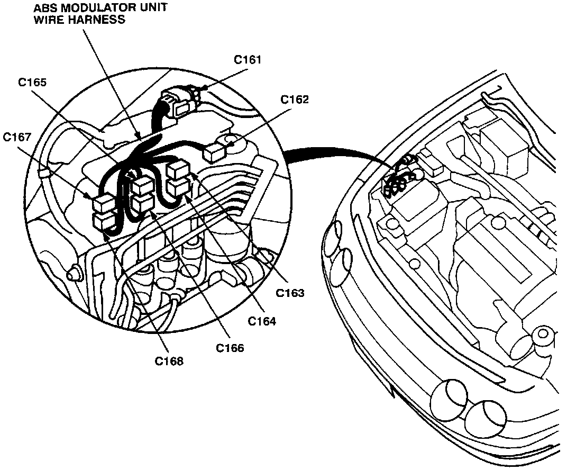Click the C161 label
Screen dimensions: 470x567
pyautogui.click(x=248, y=60)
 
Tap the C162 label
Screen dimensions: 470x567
pyautogui.click(x=295, y=100)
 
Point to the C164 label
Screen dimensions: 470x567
pyautogui.click(x=262, y=321)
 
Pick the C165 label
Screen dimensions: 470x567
pyautogui.click(x=32, y=83)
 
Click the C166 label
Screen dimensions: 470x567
pyautogui.click(x=230, y=348)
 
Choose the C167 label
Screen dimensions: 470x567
pyautogui.click(x=17, y=137)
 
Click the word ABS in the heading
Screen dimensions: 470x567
pyautogui.click(x=44, y=8)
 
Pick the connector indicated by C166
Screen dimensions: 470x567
pyautogui.click(x=143, y=203)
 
